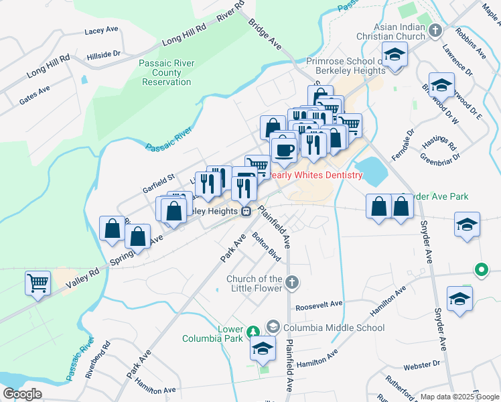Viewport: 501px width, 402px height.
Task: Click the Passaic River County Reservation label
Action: pos(167,72)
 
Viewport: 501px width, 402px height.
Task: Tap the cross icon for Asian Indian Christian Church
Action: pos(435,30)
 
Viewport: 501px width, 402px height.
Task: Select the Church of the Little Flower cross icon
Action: pos(291,283)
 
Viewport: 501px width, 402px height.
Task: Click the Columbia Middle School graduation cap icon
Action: pos(273,327)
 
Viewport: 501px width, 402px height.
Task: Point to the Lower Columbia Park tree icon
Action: pos(253,332)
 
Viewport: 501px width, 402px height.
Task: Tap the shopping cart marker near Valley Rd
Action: pos(38,282)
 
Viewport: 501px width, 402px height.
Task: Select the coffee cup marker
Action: pos(284,149)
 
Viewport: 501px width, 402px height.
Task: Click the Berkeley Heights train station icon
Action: pos(246,211)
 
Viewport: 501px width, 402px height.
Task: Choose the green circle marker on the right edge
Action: pos(480,270)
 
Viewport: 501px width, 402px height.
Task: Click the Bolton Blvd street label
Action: pos(266,246)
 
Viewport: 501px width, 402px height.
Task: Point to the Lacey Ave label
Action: pos(101,30)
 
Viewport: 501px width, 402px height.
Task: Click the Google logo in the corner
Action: pos(22,394)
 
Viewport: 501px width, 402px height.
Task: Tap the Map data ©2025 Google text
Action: pos(459,397)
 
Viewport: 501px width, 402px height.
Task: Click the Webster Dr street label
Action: pos(421,364)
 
